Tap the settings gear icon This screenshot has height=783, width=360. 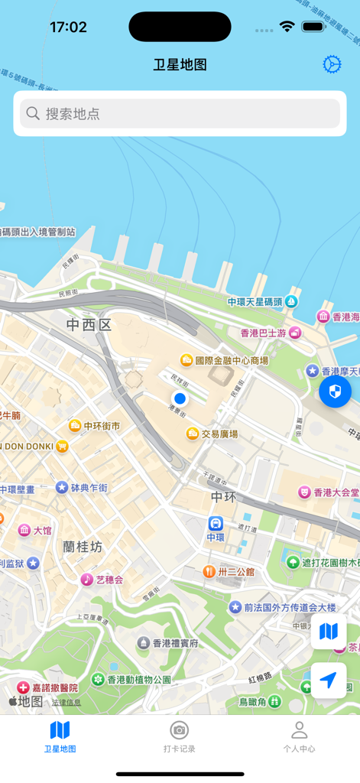tap(332, 64)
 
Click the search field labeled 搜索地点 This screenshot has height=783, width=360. tap(180, 114)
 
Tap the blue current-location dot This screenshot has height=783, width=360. tap(180, 398)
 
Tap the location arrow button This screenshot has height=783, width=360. tap(329, 680)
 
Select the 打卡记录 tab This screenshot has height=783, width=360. tap(180, 736)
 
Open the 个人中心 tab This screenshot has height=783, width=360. tap(299, 736)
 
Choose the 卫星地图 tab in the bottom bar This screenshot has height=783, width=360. tap(60, 736)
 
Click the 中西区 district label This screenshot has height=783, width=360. tap(89, 325)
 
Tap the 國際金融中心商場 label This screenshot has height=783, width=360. tap(232, 360)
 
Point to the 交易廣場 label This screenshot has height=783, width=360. tap(219, 434)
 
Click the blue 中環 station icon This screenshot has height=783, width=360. tap(216, 524)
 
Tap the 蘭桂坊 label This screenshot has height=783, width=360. tap(83, 547)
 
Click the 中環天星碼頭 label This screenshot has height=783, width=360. tap(255, 302)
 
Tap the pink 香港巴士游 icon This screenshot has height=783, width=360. tap(295, 333)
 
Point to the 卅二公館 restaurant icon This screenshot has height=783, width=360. tap(208, 571)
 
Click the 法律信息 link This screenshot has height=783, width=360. tap(66, 702)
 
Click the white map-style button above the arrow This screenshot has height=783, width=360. tap(329, 632)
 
